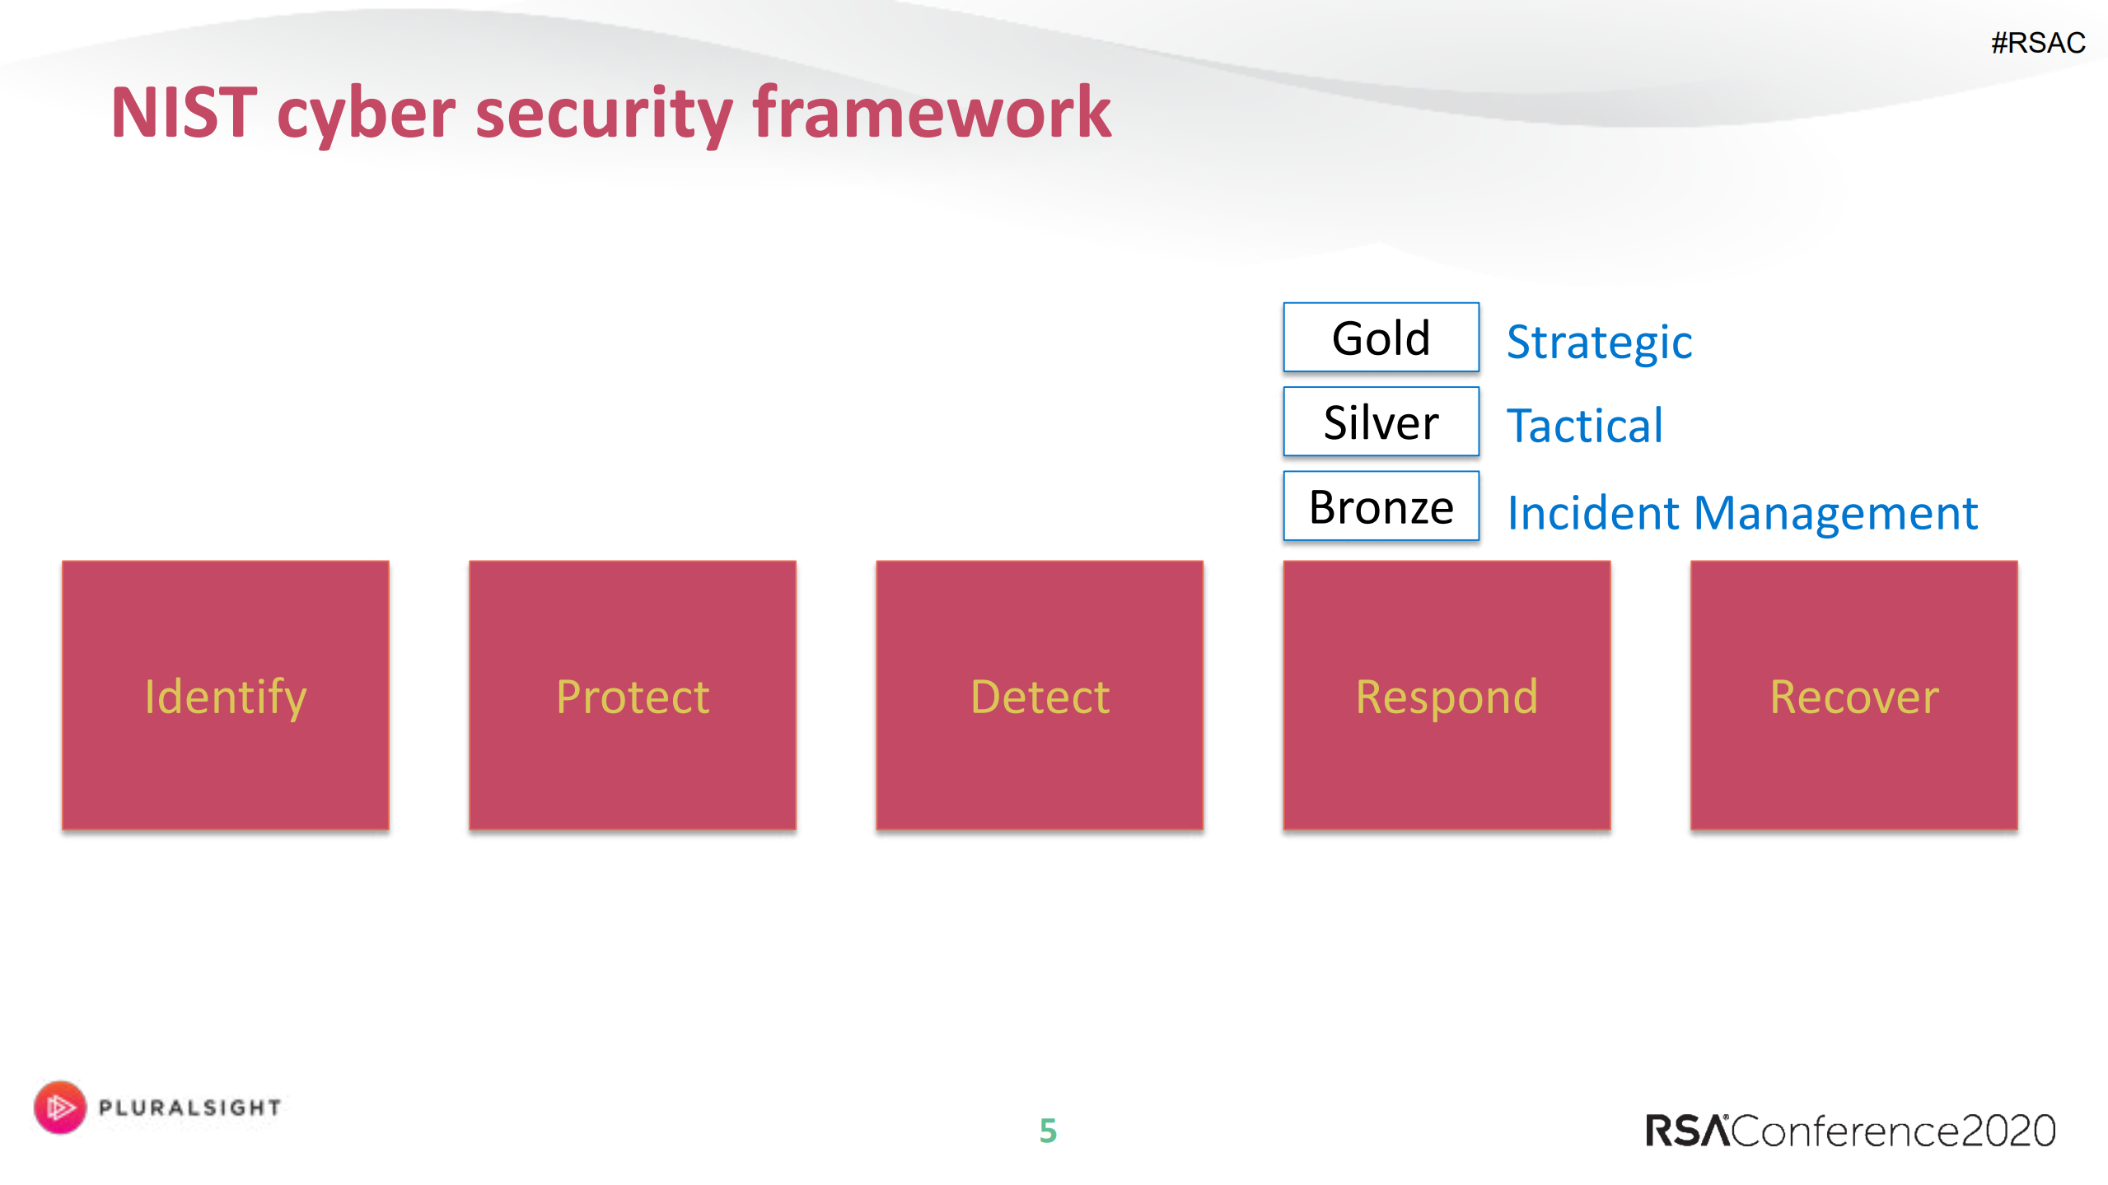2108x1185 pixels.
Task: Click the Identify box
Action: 225,695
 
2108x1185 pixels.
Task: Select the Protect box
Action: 632,695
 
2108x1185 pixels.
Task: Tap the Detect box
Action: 1039,695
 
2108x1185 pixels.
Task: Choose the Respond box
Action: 1446,695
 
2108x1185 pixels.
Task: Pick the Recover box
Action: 1853,695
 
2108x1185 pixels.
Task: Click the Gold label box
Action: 1381,338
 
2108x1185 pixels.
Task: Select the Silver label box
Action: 1381,422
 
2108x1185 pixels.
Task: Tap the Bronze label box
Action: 1381,506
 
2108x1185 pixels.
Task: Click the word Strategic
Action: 1599,342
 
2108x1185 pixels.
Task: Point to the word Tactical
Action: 1584,426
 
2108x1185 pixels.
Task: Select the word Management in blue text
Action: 1835,513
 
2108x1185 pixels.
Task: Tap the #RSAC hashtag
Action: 2037,43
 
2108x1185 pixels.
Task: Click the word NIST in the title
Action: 184,113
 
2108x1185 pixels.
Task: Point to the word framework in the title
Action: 931,113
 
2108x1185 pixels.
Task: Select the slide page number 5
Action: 1048,1131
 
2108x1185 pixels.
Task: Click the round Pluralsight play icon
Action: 59,1107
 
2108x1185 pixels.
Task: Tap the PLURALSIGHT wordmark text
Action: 189,1108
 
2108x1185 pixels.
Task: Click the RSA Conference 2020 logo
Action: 1850,1131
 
